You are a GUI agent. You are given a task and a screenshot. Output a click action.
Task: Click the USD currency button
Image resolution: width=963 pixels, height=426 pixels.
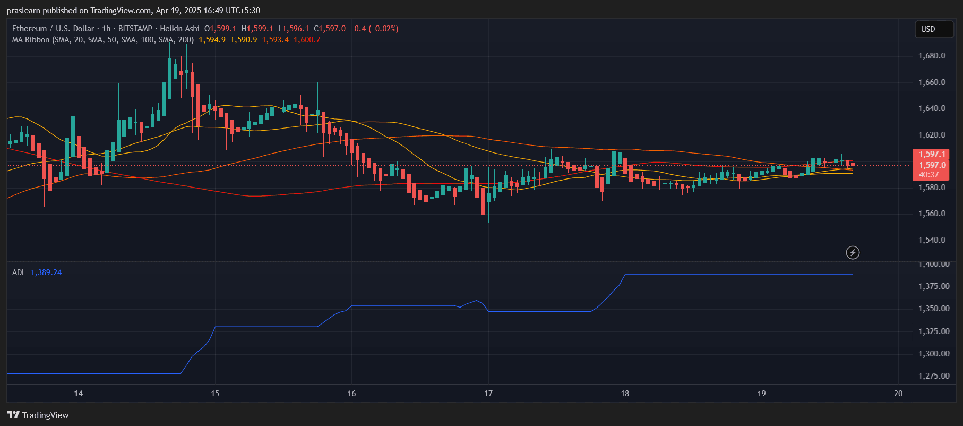[x=933, y=29]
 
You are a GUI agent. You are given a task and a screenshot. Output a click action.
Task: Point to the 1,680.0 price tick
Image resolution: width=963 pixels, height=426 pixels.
[x=932, y=56]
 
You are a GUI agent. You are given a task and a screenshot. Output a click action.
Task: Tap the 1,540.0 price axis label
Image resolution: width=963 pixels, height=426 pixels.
[x=932, y=240]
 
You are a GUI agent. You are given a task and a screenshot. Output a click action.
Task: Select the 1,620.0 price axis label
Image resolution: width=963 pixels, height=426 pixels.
[x=932, y=135]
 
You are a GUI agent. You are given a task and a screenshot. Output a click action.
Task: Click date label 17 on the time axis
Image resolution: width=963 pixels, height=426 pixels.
[x=488, y=394]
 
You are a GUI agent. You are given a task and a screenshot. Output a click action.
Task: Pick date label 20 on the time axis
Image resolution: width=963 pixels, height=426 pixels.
[x=898, y=394]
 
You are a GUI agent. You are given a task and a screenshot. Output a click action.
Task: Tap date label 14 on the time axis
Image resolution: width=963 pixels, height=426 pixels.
[x=79, y=394]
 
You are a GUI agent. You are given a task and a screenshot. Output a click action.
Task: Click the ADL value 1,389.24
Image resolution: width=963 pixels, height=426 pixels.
[x=46, y=272]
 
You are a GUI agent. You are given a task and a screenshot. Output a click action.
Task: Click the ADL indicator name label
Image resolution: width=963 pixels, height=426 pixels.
[x=19, y=272]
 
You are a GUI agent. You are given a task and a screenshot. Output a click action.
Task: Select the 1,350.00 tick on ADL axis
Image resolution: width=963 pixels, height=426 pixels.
[x=934, y=309]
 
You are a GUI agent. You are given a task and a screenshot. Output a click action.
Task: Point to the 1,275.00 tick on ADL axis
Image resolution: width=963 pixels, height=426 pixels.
[x=934, y=376]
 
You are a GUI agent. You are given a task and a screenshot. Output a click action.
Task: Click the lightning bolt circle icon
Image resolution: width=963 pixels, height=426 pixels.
[x=853, y=253]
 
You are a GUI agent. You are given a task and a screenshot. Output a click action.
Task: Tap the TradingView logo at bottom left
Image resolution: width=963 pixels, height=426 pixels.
[x=38, y=415]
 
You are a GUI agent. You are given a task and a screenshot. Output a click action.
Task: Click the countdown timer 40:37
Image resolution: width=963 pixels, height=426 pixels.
[x=928, y=175]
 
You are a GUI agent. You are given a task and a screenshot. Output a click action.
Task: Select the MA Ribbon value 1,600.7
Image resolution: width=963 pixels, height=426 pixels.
[x=307, y=40]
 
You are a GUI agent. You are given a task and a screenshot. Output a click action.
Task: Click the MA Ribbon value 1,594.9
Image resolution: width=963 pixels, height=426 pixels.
[x=212, y=40]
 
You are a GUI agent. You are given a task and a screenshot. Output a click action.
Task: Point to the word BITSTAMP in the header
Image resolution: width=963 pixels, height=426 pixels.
[x=135, y=29]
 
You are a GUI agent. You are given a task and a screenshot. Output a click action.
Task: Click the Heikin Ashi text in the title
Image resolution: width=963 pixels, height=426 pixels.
[x=179, y=29]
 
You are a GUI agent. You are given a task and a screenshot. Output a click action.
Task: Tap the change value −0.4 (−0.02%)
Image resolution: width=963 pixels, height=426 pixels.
[x=374, y=29]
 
